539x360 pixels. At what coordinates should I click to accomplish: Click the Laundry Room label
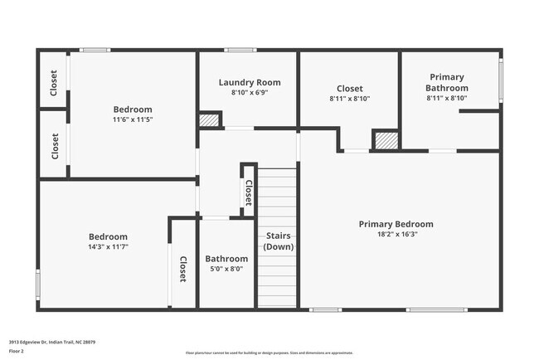tap(249, 82)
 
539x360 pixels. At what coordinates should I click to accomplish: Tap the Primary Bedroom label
tap(396, 224)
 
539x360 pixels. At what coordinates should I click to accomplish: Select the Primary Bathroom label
tap(447, 82)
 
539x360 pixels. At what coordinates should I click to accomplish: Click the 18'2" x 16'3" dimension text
tap(396, 235)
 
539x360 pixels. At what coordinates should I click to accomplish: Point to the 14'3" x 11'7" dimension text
tap(109, 246)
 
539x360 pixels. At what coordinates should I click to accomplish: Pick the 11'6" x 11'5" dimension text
tap(133, 119)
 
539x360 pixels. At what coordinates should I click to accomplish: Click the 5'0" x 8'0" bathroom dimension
tap(226, 269)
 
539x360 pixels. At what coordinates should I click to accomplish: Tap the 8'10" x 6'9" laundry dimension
tap(249, 93)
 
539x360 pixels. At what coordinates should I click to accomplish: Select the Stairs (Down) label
tap(279, 241)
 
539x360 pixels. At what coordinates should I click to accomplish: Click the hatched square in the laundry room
tap(209, 120)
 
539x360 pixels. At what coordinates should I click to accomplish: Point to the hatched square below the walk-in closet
tap(385, 140)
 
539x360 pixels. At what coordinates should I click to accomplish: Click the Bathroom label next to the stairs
tap(226, 258)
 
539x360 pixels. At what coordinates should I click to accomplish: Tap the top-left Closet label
tap(54, 82)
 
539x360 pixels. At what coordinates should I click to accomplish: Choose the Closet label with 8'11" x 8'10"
tap(349, 88)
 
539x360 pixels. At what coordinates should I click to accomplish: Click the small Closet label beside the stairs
tap(248, 193)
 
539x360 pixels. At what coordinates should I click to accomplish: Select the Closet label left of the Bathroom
tap(182, 268)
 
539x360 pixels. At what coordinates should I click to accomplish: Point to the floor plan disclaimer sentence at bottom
tap(269, 353)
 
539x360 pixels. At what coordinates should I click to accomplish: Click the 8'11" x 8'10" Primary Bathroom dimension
tap(447, 98)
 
